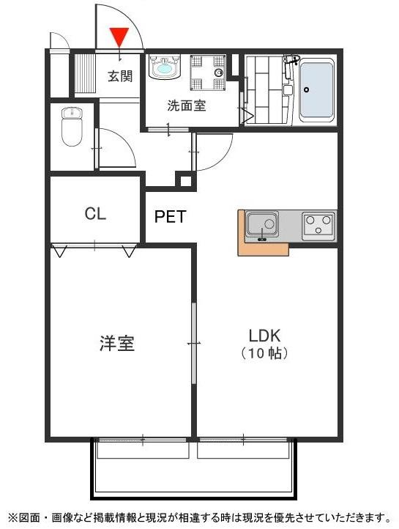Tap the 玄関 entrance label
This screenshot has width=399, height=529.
[120, 75]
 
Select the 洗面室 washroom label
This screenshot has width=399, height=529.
[186, 105]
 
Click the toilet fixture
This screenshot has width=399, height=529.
[72, 126]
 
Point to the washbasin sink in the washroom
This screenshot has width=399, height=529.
[164, 67]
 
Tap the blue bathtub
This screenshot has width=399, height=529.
[316, 90]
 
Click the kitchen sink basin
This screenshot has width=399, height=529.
[261, 223]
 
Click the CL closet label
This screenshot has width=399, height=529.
[95, 214]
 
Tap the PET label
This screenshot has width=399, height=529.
[170, 217]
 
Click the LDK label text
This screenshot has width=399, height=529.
[264, 336]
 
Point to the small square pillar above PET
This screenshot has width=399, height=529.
[185, 181]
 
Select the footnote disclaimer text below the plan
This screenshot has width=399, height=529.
[199, 517]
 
